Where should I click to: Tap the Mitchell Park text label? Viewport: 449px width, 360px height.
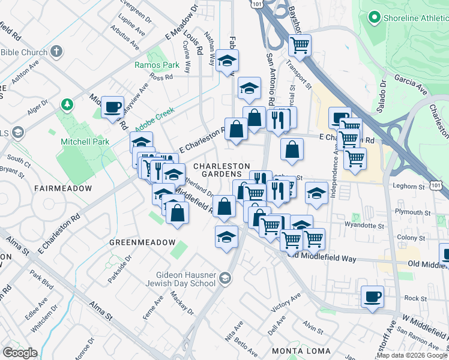tap(83, 142)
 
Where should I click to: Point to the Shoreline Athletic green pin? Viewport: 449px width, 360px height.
tap(375, 18)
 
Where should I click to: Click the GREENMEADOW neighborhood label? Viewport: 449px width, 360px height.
tap(142, 242)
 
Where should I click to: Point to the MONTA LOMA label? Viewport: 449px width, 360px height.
tap(301, 350)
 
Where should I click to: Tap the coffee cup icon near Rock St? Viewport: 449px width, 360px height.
tap(372, 296)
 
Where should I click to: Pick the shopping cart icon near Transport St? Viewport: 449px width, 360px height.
tap(300, 44)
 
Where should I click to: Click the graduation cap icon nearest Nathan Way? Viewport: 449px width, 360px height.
tap(228, 60)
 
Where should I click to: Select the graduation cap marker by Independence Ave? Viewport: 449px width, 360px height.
tap(316, 193)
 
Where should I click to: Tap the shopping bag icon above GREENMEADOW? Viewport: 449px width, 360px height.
tap(177, 213)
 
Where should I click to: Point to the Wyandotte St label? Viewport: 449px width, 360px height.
tap(364, 226)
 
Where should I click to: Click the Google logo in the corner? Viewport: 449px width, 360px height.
tap(19, 353)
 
